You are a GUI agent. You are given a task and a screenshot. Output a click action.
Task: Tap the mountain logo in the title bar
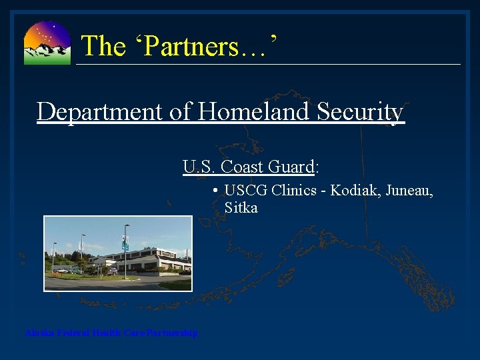coord(47,43)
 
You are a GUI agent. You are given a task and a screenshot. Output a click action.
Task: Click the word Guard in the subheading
coord(290,167)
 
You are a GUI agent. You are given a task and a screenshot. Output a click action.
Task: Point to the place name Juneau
coord(407,191)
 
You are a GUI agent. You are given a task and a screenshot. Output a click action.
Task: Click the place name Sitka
coord(241,207)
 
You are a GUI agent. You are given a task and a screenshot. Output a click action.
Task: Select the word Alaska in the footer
coord(39,333)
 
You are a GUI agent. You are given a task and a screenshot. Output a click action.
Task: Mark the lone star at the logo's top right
coord(54,25)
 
